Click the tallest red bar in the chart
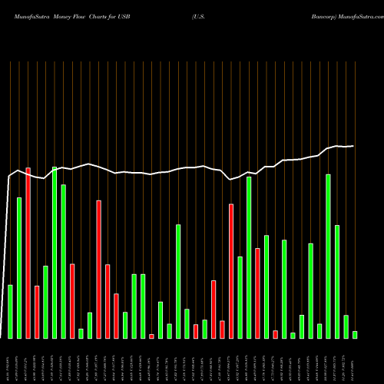tap(28, 253)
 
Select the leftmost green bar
tap(10, 311)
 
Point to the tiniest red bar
tap(151, 336)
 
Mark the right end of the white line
tap(353, 145)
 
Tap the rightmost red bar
tap(275, 334)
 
